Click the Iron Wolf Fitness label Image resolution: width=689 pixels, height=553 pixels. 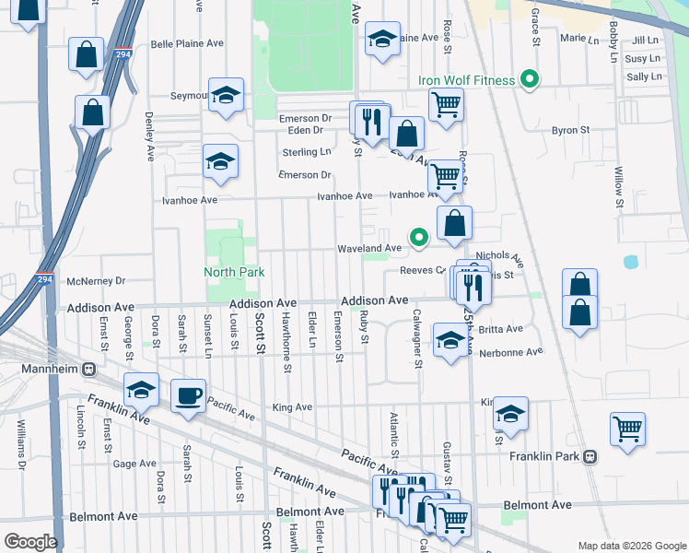[466, 80]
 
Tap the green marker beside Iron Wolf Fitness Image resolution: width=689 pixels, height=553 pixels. [529, 80]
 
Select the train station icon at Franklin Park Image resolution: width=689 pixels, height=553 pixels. [590, 456]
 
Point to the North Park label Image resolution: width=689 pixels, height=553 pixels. [234, 272]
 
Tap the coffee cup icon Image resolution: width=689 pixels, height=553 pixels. [189, 396]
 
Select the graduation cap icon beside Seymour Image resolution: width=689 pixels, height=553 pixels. [226, 95]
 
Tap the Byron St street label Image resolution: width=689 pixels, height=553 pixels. [570, 131]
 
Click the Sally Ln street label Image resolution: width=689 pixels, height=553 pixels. [643, 76]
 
